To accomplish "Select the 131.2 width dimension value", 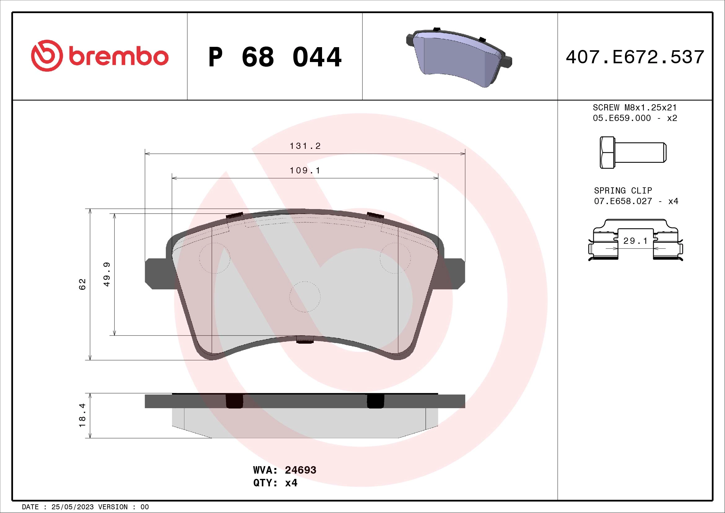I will (305, 146).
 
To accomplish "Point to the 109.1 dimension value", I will (305, 171).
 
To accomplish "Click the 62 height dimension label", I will (82, 284).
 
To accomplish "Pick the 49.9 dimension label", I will (107, 274).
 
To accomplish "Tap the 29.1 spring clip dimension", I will (635, 241).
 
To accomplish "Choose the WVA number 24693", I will (300, 470).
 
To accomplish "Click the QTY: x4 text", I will (275, 483).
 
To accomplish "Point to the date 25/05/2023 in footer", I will (72, 507).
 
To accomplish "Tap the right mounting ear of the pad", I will (454, 274).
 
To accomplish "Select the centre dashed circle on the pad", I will (305, 297).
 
